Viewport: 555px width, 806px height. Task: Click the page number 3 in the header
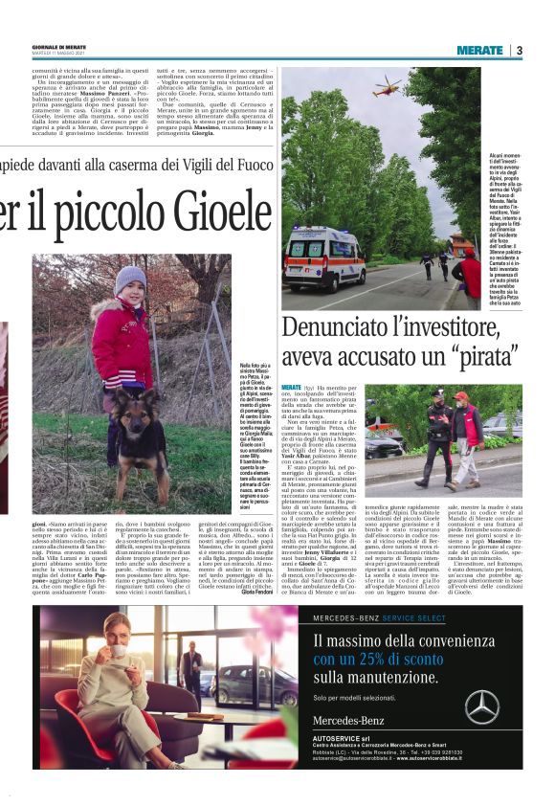click(519, 50)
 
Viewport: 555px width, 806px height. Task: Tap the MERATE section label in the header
click(479, 50)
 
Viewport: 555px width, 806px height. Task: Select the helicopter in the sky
click(387, 91)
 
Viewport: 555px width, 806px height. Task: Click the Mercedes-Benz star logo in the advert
click(481, 707)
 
